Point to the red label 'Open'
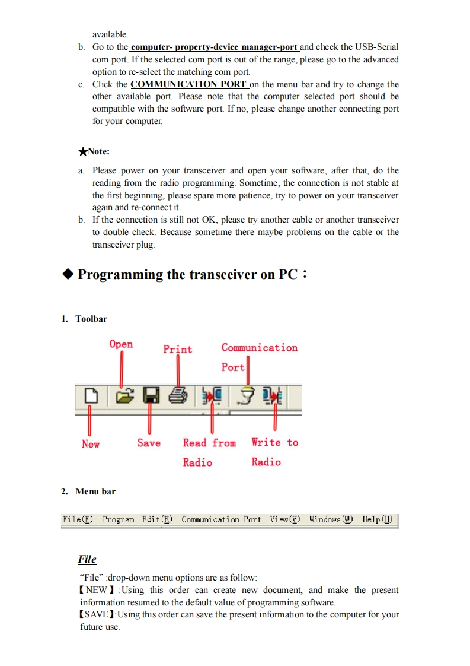pos(122,344)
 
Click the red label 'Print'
pos(178,349)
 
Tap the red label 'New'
pos(91,444)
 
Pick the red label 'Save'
pos(149,443)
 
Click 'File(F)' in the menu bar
pos(78,519)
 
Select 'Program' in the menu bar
pos(118,519)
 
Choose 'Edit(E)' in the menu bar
pos(157,519)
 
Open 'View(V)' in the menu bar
pos(285,519)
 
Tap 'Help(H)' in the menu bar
pos(378,519)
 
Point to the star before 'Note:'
pos(83,151)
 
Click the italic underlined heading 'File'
pos(87,559)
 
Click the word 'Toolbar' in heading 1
pos(91,319)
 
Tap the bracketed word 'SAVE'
pos(96,614)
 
